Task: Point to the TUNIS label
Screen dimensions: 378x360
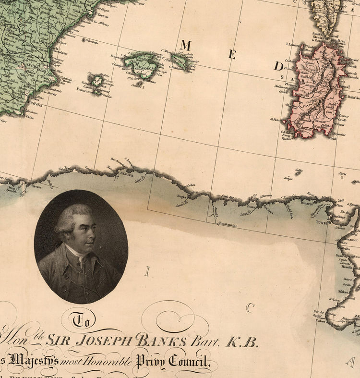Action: coord(321,223)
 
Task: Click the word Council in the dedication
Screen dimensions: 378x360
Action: coord(184,360)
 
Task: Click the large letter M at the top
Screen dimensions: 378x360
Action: coord(186,46)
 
